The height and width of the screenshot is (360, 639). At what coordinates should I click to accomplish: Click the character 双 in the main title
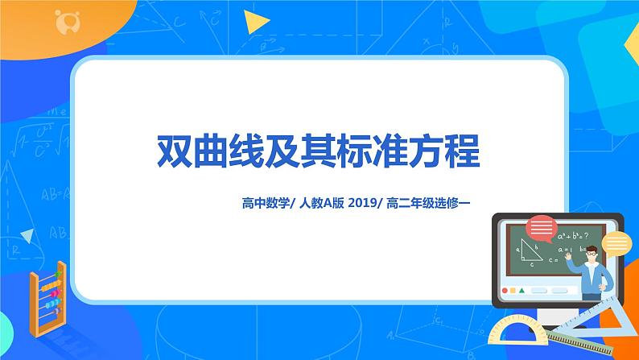pyautogui.click(x=175, y=151)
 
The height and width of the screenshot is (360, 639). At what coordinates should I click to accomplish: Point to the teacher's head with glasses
pyautogui.click(x=592, y=256)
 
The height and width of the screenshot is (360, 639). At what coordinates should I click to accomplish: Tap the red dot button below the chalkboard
pyautogui.click(x=505, y=290)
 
